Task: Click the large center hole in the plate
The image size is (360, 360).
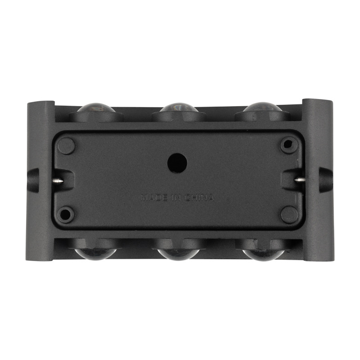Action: [x=177, y=163]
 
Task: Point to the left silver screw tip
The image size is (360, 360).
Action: [x=58, y=181]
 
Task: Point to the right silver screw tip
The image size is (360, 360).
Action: [x=300, y=180]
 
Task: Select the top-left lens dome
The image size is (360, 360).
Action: [x=96, y=108]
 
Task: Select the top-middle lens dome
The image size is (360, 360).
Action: [x=179, y=107]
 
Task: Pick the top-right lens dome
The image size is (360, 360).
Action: [x=262, y=107]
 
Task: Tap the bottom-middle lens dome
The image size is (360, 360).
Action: [x=179, y=254]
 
